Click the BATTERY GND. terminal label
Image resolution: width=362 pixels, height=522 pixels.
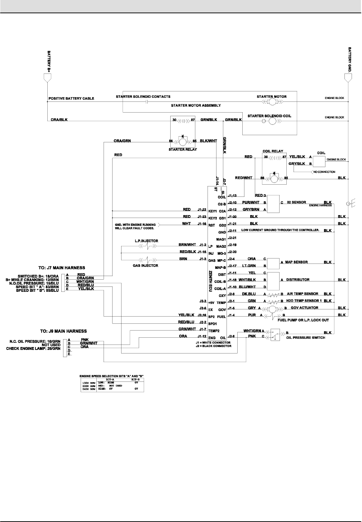(x=350, y=59)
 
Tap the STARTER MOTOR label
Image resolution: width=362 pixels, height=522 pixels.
(x=271, y=97)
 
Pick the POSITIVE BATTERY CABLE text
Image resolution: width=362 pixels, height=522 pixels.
(x=71, y=98)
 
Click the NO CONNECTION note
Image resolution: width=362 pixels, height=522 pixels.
(x=324, y=172)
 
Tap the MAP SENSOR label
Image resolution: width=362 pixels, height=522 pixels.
(x=296, y=262)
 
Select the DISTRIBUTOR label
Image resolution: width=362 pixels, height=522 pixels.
(x=297, y=280)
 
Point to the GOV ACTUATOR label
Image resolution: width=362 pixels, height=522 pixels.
(x=304, y=308)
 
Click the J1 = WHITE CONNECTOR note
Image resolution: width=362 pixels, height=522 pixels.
(x=211, y=342)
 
